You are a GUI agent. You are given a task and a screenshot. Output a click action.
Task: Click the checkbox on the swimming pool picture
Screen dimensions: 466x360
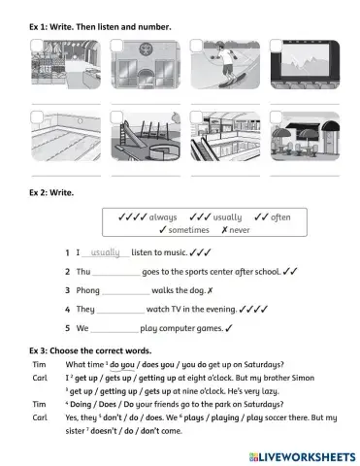[x=38, y=116]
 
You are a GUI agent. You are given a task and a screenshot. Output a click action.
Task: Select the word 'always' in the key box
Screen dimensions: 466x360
[x=162, y=217]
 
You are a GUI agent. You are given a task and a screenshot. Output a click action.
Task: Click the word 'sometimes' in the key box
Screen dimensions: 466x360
[x=188, y=230]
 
